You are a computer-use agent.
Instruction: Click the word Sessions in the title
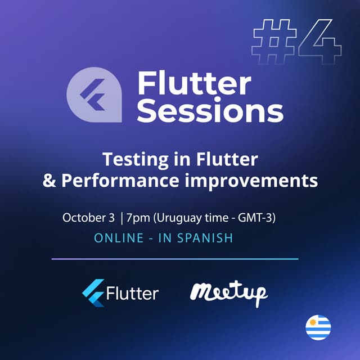[x=210, y=111]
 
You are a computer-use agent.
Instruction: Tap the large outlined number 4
[x=319, y=43]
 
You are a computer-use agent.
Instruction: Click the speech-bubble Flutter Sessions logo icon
[x=94, y=95]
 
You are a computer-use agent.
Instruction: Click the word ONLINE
[x=119, y=238]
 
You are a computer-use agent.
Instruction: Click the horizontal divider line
[x=174, y=259]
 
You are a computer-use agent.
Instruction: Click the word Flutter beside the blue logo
[x=132, y=293]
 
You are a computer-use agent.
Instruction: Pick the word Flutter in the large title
[x=194, y=84]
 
